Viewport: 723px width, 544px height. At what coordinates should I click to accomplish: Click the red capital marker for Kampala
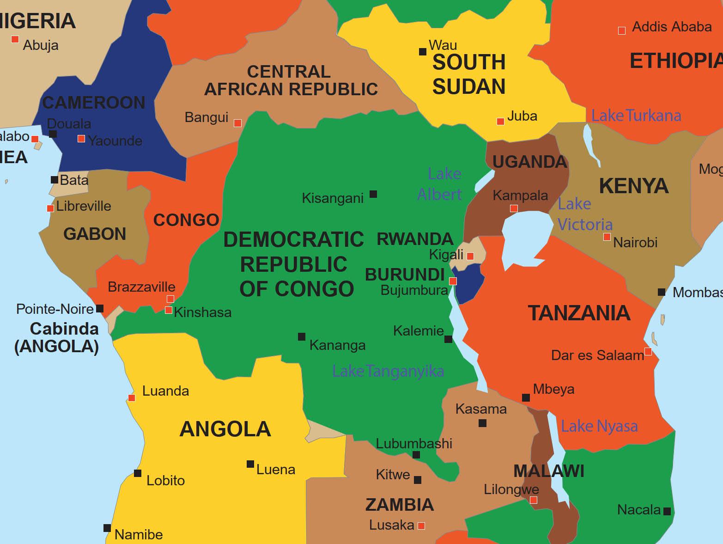click(514, 208)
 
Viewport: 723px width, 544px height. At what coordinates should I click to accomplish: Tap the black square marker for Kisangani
click(373, 194)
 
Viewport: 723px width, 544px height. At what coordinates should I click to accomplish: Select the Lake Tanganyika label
click(388, 371)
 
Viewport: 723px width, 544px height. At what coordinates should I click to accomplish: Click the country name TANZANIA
click(579, 313)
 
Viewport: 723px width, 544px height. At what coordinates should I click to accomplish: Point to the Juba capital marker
click(500, 122)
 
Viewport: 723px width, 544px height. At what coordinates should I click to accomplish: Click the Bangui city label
click(207, 117)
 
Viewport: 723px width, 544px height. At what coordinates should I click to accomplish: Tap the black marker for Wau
click(422, 52)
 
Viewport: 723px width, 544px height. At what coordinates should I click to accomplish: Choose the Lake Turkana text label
click(636, 116)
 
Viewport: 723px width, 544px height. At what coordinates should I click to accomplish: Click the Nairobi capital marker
click(607, 237)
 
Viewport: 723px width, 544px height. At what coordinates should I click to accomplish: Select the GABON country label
click(95, 234)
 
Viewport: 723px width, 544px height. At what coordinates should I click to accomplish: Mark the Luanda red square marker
click(132, 398)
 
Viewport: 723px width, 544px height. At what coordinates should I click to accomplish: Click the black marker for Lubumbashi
click(416, 455)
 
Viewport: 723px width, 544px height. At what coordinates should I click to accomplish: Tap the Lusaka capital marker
click(421, 526)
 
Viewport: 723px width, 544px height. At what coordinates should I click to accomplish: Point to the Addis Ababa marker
click(622, 31)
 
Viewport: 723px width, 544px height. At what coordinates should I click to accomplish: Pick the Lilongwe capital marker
click(534, 500)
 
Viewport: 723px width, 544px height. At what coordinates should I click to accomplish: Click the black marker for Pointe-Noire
click(100, 308)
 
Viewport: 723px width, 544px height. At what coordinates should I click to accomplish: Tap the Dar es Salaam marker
click(648, 352)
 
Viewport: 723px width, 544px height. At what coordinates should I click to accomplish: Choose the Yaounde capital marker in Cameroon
click(81, 139)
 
